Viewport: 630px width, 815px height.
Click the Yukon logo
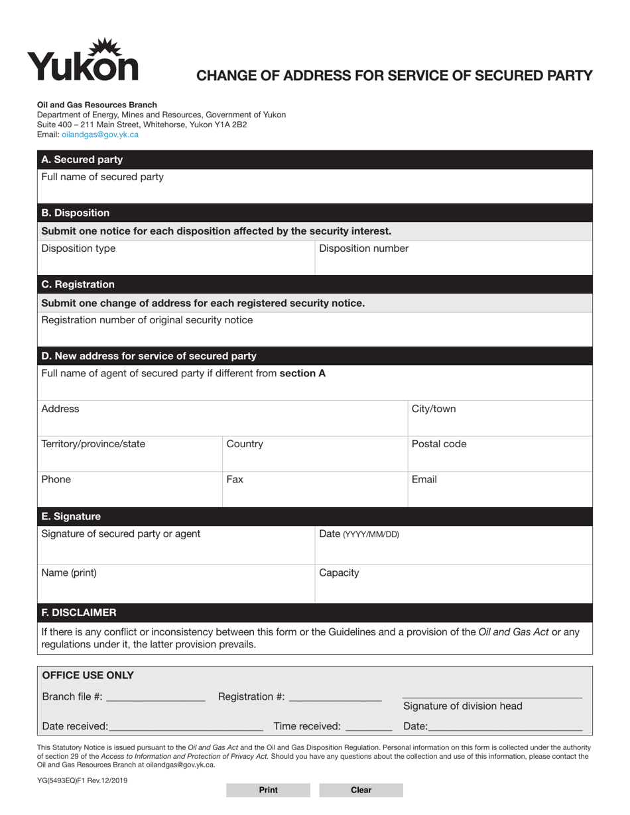(x=83, y=60)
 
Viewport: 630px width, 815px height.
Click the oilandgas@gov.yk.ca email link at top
(x=100, y=135)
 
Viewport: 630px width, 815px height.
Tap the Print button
(x=268, y=790)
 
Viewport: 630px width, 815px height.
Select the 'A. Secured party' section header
(x=82, y=160)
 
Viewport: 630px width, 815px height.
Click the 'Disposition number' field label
(x=363, y=248)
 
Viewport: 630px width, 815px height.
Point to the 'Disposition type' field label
(x=78, y=248)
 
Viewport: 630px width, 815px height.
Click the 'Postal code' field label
(x=438, y=444)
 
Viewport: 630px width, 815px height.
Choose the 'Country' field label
(x=245, y=444)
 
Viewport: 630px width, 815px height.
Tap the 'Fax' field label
(x=235, y=479)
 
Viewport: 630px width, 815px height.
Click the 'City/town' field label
(x=434, y=409)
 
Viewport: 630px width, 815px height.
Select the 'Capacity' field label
(x=339, y=572)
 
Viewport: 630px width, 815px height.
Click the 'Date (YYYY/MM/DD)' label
(x=359, y=534)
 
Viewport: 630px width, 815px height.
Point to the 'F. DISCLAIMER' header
(x=79, y=612)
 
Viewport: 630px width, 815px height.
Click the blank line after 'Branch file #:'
(x=155, y=698)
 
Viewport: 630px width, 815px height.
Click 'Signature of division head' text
(x=462, y=706)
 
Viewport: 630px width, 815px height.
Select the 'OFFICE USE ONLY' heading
(x=88, y=675)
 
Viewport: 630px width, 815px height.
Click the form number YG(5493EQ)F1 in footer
(x=82, y=781)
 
